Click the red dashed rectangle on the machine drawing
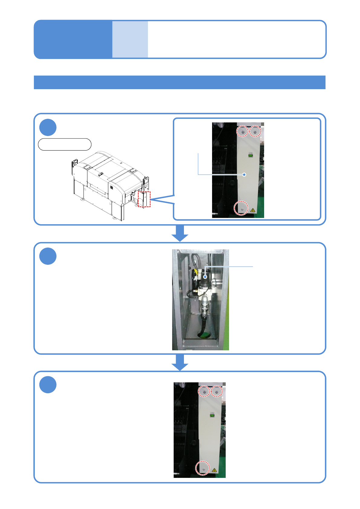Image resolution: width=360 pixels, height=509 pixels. pyautogui.click(x=144, y=199)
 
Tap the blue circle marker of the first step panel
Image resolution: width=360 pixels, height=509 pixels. pyautogui.click(x=48, y=128)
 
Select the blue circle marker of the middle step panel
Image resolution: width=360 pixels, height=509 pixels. pyautogui.click(x=48, y=256)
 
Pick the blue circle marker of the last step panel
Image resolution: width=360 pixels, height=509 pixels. pyautogui.click(x=48, y=385)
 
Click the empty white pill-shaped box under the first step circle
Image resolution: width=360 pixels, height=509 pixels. pyautogui.click(x=64, y=144)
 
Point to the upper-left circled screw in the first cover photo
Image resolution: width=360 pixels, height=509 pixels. pyautogui.click(x=242, y=131)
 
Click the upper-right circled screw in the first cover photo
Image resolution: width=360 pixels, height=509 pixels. pyautogui.click(x=255, y=131)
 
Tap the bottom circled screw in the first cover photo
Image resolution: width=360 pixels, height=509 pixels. pyautogui.click(x=241, y=208)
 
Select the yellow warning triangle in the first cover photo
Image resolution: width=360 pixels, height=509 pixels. pyautogui.click(x=253, y=210)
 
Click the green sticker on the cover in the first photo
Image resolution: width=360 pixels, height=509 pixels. pyautogui.click(x=250, y=156)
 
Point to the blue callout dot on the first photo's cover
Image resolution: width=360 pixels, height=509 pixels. pyautogui.click(x=244, y=174)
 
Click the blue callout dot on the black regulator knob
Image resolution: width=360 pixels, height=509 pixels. pyautogui.click(x=205, y=277)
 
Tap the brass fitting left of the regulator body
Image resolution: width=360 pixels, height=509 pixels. pyautogui.click(x=196, y=291)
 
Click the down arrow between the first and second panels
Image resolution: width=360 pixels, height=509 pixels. pyautogui.click(x=180, y=233)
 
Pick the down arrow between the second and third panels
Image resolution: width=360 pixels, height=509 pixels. pyautogui.click(x=180, y=362)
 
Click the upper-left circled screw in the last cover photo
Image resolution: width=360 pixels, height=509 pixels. pyautogui.click(x=204, y=391)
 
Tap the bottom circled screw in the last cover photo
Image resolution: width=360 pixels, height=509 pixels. pyautogui.click(x=203, y=468)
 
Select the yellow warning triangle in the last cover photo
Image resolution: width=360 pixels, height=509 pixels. pyautogui.click(x=214, y=470)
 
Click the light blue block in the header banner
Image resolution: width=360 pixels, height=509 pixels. pyautogui.click(x=130, y=39)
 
